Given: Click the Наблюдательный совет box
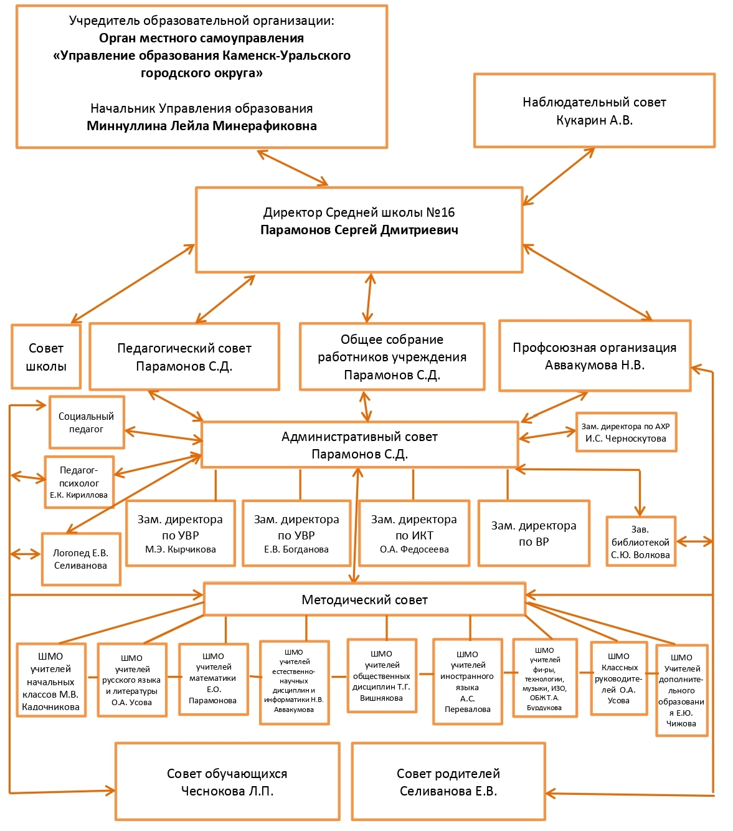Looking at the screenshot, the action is pos(594,110).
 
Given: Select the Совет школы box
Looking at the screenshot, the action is pos(46,356).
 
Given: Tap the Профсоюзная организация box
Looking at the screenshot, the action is pos(595,356).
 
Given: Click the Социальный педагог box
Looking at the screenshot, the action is pos(87,422).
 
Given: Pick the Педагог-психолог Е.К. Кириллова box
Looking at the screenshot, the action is pos(79,482).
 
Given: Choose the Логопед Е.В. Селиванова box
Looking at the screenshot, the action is pos(81,559).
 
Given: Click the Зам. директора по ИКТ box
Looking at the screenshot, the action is pos(414,533).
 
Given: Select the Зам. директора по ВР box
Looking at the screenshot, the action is pos(534,533).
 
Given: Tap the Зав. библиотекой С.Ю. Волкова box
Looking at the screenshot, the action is pos(641,541).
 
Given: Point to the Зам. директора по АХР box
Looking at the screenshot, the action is pos(626,432).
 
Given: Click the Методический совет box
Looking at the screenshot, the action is pos(364,599).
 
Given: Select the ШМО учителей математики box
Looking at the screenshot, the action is pos(213,680).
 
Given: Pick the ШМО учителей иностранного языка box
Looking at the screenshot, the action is pos(468,681).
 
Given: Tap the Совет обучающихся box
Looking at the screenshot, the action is pos(227,782).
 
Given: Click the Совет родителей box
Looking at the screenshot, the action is pos(448,782).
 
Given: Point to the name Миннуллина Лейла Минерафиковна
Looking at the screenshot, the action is pos(201,126).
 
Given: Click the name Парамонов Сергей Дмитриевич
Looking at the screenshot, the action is pos(359,230).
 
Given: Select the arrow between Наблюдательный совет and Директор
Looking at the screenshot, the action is pos(558,176).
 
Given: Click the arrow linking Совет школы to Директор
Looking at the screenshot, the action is pos(133,283).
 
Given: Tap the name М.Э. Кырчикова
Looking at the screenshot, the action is pos(181,549).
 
